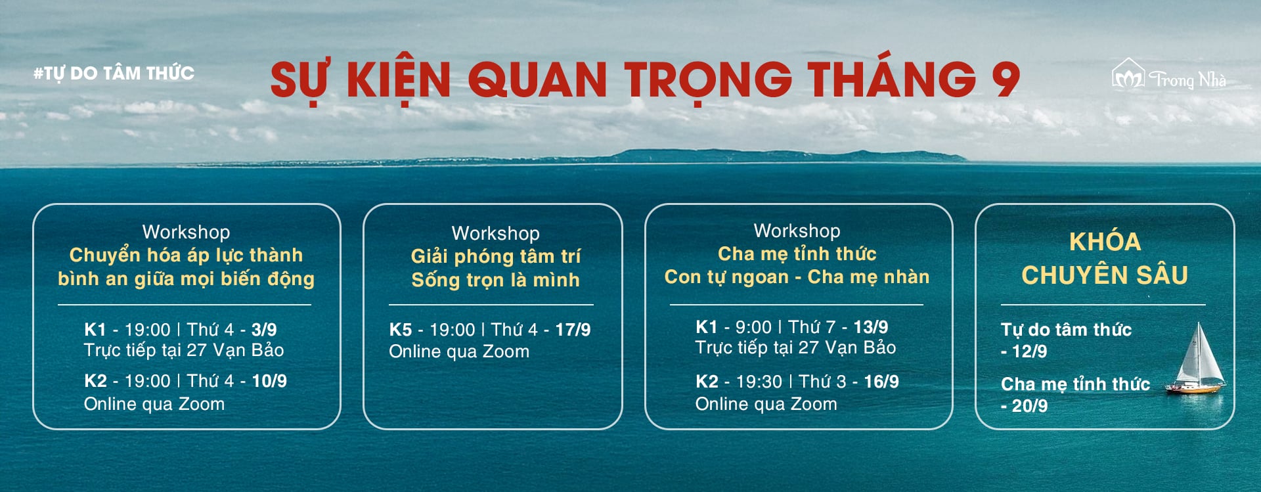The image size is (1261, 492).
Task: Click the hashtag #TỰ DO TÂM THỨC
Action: pyautogui.click(x=114, y=73)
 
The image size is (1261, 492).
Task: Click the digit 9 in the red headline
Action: pyautogui.click(x=1005, y=79)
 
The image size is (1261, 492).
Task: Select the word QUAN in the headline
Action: pyautogui.click(x=537, y=79)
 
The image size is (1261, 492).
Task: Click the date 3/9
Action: pyautogui.click(x=264, y=329)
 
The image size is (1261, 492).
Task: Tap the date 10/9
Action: pyautogui.click(x=269, y=381)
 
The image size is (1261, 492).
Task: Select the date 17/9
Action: pyautogui.click(x=573, y=330)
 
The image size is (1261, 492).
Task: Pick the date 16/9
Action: pyautogui.click(x=881, y=382)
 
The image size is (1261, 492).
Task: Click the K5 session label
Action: pyautogui.click(x=400, y=330)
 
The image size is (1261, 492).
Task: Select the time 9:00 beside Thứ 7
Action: pyautogui.click(x=753, y=326)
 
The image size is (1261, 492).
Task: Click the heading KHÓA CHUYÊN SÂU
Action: pyautogui.click(x=1105, y=258)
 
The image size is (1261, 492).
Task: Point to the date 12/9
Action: pyautogui.click(x=1029, y=351)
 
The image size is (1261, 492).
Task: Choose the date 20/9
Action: pyautogui.click(x=1029, y=406)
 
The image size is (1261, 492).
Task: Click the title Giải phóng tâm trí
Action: pyautogui.click(x=496, y=256)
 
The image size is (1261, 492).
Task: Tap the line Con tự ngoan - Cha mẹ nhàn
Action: pyautogui.click(x=797, y=277)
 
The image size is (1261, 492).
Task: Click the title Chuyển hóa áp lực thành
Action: pyautogui.click(x=186, y=255)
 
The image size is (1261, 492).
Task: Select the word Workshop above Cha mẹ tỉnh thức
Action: pyautogui.click(x=797, y=231)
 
